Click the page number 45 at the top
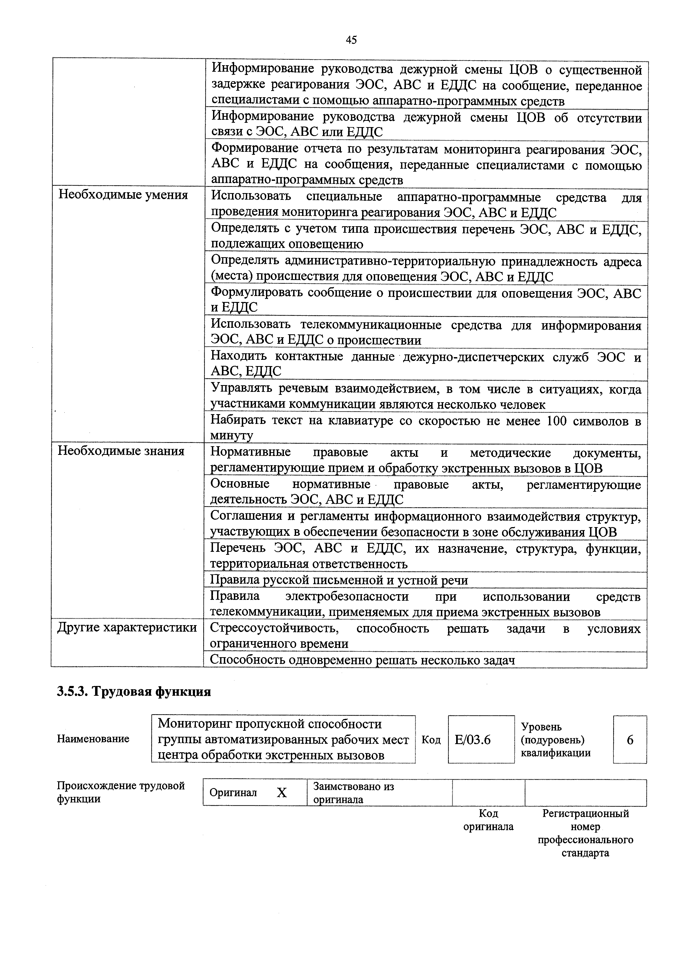[x=351, y=40]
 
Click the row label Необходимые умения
[x=123, y=195]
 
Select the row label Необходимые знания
[x=121, y=451]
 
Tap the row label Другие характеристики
[x=127, y=628]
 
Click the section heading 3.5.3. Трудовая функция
[x=134, y=692]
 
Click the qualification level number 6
[x=630, y=740]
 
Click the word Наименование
[x=93, y=739]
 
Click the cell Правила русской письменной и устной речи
[x=339, y=580]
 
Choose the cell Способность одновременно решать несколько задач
[x=362, y=660]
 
